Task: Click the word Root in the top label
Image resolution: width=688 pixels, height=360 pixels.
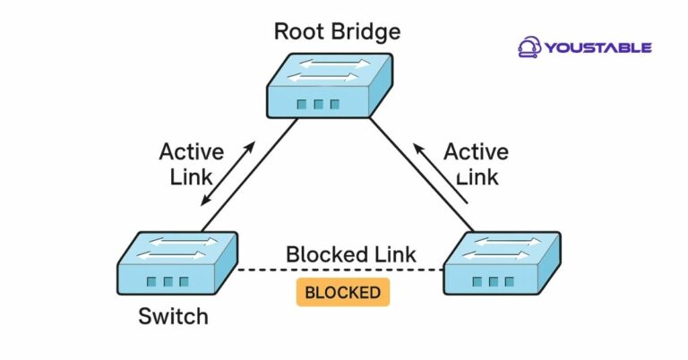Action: (294, 32)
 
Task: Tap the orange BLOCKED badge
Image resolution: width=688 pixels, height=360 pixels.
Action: (343, 293)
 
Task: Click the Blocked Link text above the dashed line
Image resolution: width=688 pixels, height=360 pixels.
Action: (350, 253)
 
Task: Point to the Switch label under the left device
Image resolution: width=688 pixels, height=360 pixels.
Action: (173, 316)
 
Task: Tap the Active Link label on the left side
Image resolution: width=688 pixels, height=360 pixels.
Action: (191, 163)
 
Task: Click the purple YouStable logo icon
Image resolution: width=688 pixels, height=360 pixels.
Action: (529, 47)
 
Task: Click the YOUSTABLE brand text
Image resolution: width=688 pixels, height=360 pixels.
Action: (599, 47)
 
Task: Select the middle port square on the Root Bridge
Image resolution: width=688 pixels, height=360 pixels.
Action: (318, 105)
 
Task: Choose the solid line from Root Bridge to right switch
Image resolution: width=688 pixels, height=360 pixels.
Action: (421, 175)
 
